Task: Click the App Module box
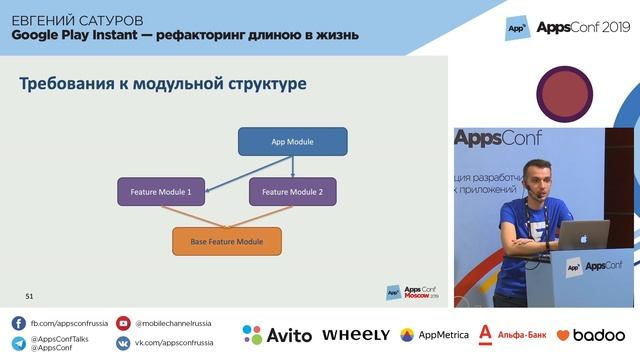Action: coord(293,141)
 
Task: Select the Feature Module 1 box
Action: coord(161,191)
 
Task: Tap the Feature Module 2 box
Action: coord(293,191)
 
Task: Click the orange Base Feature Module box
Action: coord(227,241)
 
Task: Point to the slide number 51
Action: coord(30,296)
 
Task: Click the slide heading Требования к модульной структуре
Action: coord(163,84)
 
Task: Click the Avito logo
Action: coord(277,335)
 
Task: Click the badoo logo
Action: coord(590,335)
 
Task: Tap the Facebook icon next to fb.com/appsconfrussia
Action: coord(18,323)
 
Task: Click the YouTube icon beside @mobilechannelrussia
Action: coord(123,323)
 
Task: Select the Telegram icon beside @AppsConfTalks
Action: coord(18,344)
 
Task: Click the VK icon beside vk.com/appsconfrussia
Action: coord(123,343)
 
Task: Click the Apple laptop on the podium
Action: coord(583,235)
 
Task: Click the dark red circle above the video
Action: coord(567,94)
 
